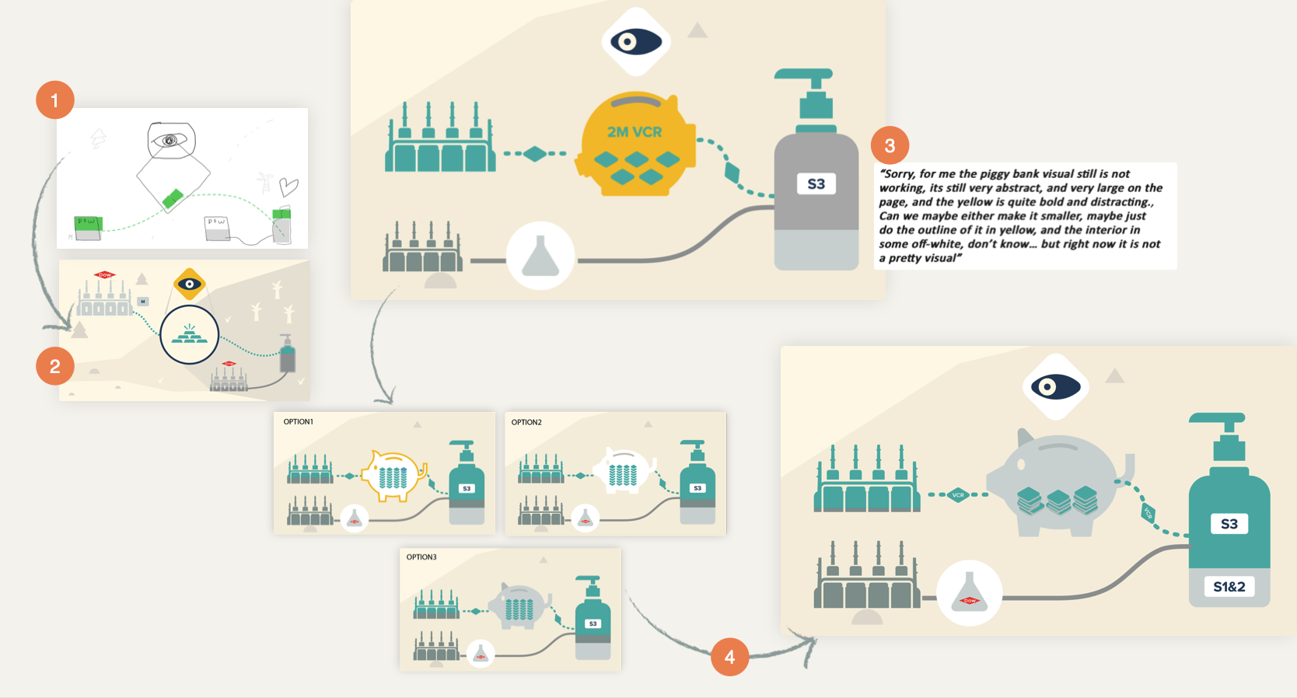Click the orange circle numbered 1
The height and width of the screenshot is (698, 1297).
click(x=54, y=100)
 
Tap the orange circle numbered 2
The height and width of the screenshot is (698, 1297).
click(x=54, y=366)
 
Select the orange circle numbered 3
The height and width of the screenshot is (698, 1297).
click(x=890, y=145)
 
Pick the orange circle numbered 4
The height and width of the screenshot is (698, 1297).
click(x=729, y=657)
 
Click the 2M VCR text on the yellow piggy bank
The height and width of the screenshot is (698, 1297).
click(x=635, y=132)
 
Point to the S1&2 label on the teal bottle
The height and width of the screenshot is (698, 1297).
click(x=1229, y=587)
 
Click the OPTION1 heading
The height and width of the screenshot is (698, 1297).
click(x=298, y=422)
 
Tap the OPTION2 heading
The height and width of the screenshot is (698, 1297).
click(x=526, y=423)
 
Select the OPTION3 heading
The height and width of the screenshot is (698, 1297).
click(x=421, y=557)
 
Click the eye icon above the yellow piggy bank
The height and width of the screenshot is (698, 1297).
click(x=636, y=42)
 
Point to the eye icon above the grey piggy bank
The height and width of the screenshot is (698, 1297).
click(x=1055, y=387)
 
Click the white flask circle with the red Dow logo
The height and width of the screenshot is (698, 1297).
click(x=969, y=595)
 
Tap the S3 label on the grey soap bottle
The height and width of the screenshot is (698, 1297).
click(x=816, y=184)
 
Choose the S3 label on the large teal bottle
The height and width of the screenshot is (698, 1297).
click(x=1229, y=524)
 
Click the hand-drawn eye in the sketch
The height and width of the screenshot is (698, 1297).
click(x=170, y=141)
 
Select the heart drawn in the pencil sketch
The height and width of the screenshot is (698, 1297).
click(x=289, y=187)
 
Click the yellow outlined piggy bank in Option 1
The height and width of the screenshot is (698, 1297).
click(x=395, y=474)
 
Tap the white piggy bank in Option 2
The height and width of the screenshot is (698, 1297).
click(x=624, y=472)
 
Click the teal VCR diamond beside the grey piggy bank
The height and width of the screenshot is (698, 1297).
click(x=958, y=494)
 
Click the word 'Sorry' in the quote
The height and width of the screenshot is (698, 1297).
click(x=898, y=174)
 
